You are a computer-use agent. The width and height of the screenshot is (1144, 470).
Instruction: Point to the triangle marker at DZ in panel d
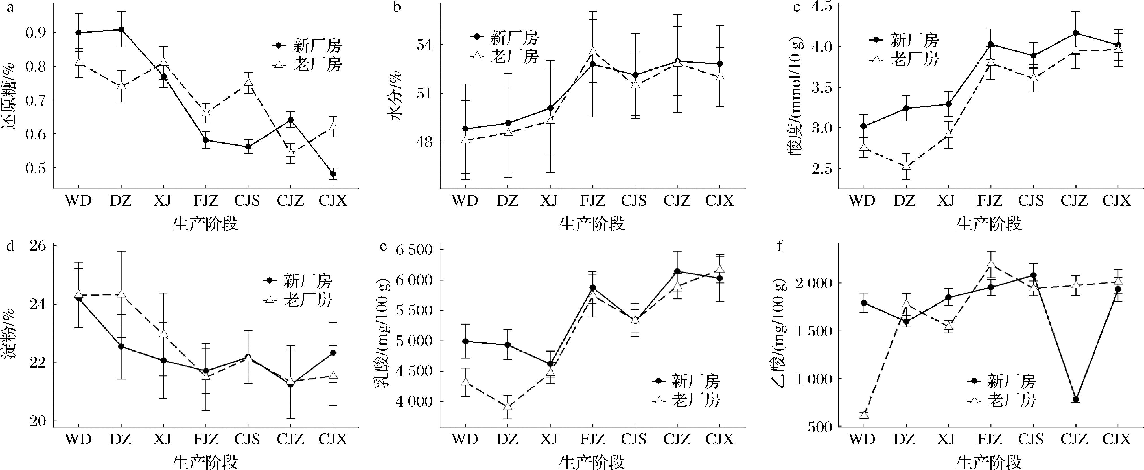pyautogui.click(x=121, y=294)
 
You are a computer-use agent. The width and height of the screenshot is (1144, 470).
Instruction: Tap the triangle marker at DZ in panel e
pyautogui.click(x=508, y=406)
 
